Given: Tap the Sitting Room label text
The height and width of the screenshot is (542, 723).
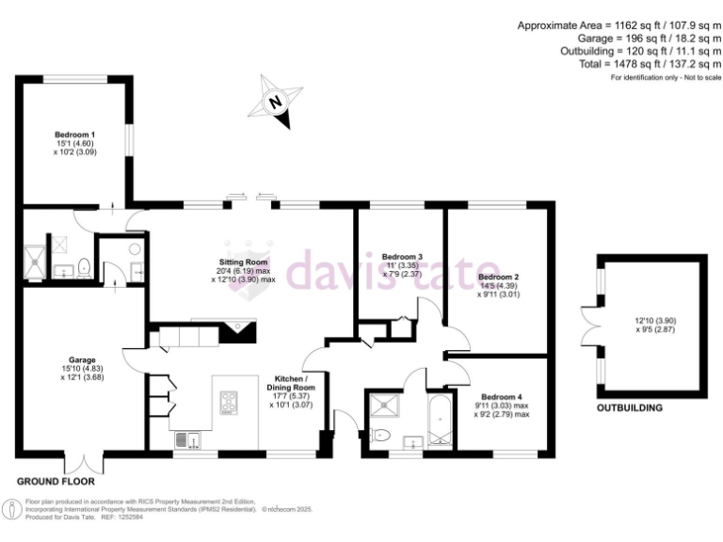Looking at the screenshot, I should pos(244,262).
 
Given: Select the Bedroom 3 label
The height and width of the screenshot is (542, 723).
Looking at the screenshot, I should pos(401,257).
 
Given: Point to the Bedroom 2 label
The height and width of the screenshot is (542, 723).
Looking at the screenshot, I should pos(498,278).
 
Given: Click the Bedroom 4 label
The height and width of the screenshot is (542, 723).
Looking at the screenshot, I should pos(498,397).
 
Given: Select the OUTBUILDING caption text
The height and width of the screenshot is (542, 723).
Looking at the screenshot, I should pos(630,408).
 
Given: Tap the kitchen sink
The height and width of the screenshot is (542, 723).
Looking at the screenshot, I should pos(185,438).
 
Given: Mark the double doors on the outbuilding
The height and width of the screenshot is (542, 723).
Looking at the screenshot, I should pos(589,323).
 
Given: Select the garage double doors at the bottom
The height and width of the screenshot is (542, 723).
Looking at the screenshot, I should pos(81,461).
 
